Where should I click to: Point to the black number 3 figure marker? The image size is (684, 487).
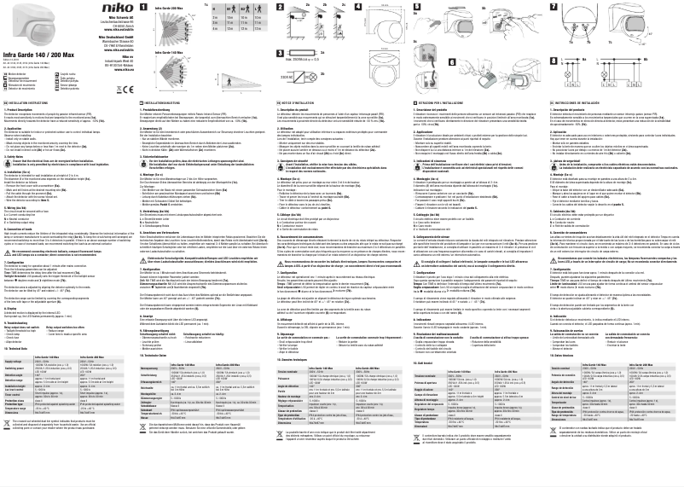pyautogui.click(x=279, y=52)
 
